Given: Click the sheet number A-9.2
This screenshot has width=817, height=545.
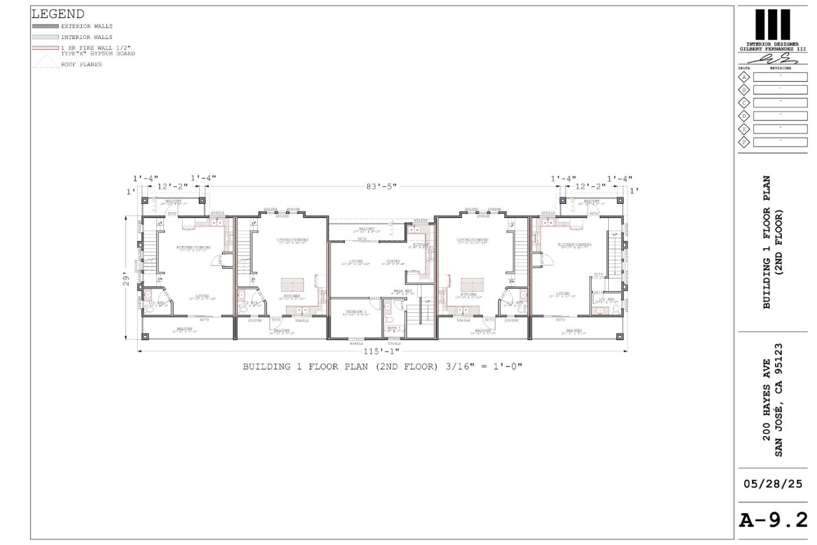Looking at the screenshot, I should tap(773, 520).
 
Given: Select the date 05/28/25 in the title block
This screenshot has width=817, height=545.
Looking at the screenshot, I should tap(773, 484).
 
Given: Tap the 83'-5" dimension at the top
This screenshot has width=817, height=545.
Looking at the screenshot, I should tap(381, 186).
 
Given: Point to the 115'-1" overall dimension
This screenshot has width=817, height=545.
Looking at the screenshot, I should tap(381, 351).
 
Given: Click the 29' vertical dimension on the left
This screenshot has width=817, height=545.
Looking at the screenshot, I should tap(126, 278).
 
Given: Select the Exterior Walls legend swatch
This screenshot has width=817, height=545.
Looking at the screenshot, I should tap(45, 26).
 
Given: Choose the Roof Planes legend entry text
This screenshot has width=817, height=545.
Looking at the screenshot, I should tap(81, 65).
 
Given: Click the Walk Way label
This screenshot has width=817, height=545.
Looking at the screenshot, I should tap(402, 291).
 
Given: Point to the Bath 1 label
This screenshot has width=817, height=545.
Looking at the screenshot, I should tap(394, 328).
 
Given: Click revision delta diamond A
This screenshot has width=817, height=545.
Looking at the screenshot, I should tap(744, 77).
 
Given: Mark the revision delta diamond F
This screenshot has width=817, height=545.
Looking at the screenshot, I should tap(744, 142).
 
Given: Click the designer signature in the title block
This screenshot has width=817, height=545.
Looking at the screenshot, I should tap(772, 58).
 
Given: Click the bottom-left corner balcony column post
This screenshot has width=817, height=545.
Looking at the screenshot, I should tap(145, 337).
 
